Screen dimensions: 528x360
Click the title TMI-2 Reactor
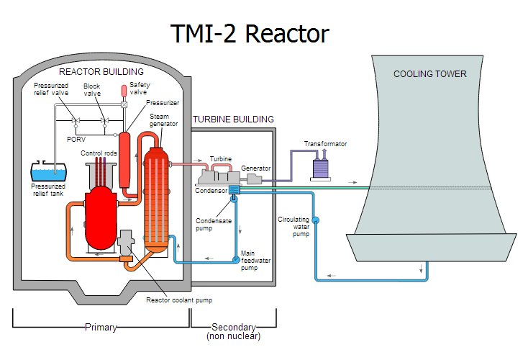point(250,34)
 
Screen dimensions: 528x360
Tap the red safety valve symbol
point(124,91)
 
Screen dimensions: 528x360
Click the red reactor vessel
point(101,217)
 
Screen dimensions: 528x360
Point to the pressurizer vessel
point(124,160)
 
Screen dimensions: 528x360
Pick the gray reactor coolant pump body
point(126,243)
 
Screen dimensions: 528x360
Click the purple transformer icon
point(320,168)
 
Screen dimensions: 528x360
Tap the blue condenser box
point(234,190)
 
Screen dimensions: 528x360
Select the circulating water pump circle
point(316,220)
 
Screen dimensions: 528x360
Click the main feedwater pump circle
point(236,259)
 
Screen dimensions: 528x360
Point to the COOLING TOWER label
point(430,74)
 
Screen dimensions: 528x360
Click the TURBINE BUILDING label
point(233,120)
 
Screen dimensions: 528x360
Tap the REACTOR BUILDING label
point(101,72)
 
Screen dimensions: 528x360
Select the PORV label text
point(76,139)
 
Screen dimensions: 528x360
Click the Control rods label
point(99,153)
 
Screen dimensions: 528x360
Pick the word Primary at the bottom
point(101,327)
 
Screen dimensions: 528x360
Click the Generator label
point(256,168)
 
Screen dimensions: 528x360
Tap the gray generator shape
point(254,179)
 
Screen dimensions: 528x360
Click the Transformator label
point(325,144)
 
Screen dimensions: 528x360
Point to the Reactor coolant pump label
point(179,300)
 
